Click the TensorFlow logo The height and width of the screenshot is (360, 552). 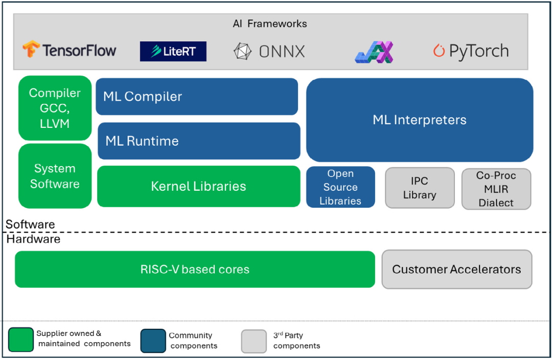[70, 50]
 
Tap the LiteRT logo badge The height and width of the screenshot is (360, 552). [173, 52]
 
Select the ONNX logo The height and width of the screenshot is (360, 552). [269, 52]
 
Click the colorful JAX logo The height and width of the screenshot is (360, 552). [374, 52]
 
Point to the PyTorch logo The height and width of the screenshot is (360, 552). [471, 51]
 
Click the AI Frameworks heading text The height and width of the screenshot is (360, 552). [270, 24]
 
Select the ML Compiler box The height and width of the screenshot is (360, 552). [197, 97]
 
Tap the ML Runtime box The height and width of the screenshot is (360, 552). [199, 141]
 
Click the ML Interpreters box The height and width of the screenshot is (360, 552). [420, 120]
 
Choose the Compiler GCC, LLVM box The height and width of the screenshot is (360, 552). [55, 108]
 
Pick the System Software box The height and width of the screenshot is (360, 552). [55, 176]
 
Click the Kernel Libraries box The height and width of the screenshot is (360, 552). [198, 186]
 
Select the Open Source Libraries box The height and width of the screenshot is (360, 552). [340, 187]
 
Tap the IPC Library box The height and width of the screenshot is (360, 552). [420, 188]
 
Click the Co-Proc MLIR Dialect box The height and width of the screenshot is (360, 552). [496, 189]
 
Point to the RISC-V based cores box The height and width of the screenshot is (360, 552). [195, 269]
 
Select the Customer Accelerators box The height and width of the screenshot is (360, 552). [456, 269]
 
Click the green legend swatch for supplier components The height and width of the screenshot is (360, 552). [21, 340]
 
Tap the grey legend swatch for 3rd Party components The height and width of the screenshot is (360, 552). [254, 341]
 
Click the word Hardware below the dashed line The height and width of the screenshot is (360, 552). [33, 239]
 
